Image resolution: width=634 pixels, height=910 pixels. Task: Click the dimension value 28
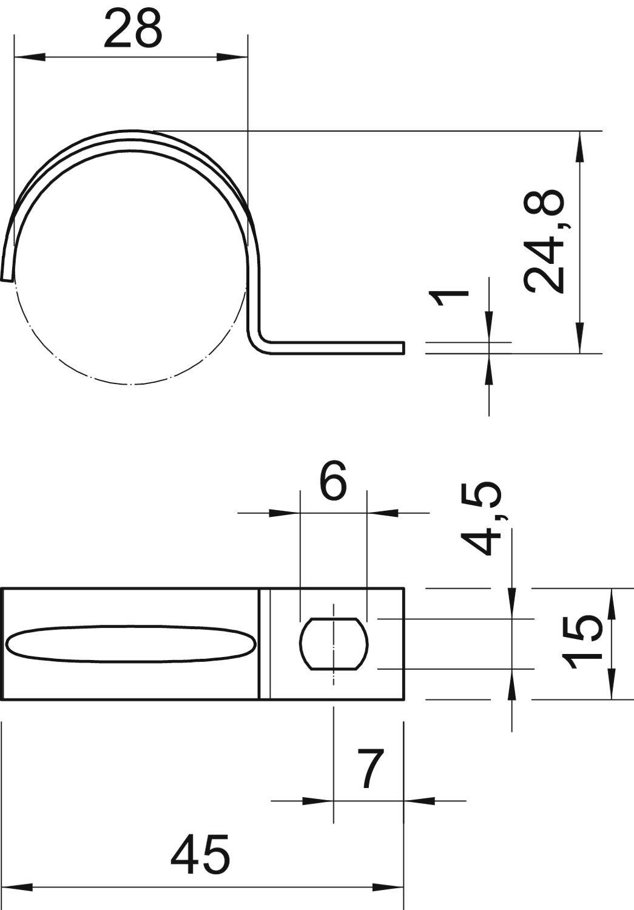click(133, 29)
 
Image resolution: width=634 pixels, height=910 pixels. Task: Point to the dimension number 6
click(333, 481)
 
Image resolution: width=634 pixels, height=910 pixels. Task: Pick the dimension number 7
click(370, 769)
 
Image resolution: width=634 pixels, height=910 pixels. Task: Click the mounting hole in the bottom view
click(334, 644)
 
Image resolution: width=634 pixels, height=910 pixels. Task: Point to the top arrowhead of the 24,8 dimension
click(580, 146)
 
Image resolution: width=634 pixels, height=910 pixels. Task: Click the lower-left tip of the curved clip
click(6, 278)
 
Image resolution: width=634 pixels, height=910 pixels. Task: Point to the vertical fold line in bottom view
click(265, 644)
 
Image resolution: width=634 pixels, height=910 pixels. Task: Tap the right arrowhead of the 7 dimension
click(419, 801)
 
